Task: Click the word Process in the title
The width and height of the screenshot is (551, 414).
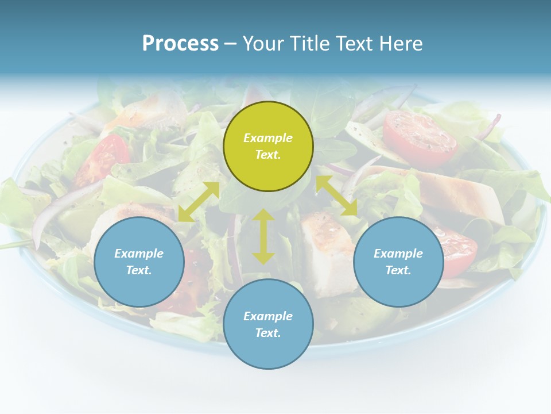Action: click(x=180, y=44)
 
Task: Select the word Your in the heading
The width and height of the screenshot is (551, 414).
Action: click(x=263, y=44)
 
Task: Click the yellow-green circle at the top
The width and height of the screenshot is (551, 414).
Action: click(x=268, y=146)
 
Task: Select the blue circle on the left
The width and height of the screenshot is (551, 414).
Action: click(x=139, y=262)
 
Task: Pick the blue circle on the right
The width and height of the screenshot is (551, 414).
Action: click(x=398, y=262)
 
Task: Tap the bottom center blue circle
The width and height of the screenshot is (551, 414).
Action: click(x=268, y=324)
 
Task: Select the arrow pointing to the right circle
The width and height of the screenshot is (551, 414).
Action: click(x=337, y=196)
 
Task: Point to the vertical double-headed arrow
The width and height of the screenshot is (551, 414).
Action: click(x=263, y=236)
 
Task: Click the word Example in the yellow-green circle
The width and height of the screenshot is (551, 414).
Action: click(x=268, y=138)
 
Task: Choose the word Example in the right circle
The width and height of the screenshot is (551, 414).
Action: click(x=398, y=254)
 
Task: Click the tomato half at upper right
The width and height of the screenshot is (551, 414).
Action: click(x=420, y=138)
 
